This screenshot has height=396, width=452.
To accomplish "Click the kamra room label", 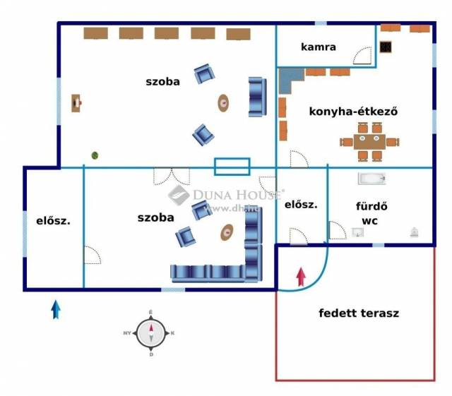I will [318, 47].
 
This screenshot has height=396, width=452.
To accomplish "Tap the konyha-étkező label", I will [354, 111].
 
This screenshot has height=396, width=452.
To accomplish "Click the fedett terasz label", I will [359, 313].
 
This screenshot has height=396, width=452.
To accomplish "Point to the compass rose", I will [150, 332].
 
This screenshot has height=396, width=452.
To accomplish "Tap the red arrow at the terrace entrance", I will [302, 277].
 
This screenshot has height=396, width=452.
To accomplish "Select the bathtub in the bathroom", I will [372, 179].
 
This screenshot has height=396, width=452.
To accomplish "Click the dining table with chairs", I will [369, 141].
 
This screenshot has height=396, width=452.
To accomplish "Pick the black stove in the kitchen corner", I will [386, 47].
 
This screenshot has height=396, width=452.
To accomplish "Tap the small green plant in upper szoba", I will [94, 155].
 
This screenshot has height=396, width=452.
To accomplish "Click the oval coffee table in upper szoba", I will [224, 103].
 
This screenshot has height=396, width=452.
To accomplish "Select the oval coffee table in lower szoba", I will [227, 232].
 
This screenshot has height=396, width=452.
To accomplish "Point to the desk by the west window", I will [76, 103].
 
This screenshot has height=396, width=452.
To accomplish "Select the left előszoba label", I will [53, 220].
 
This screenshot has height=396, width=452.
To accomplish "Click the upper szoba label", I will [162, 81].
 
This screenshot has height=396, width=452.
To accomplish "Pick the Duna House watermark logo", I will [179, 195].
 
